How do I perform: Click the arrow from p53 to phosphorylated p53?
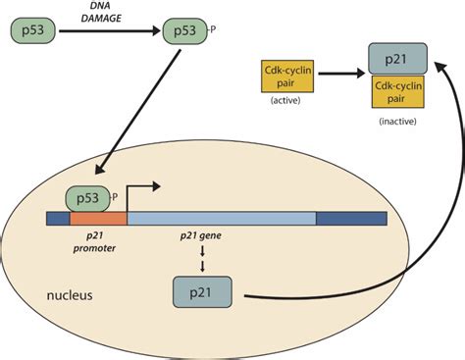(x=108, y=30)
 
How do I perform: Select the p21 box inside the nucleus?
(x=203, y=292)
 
